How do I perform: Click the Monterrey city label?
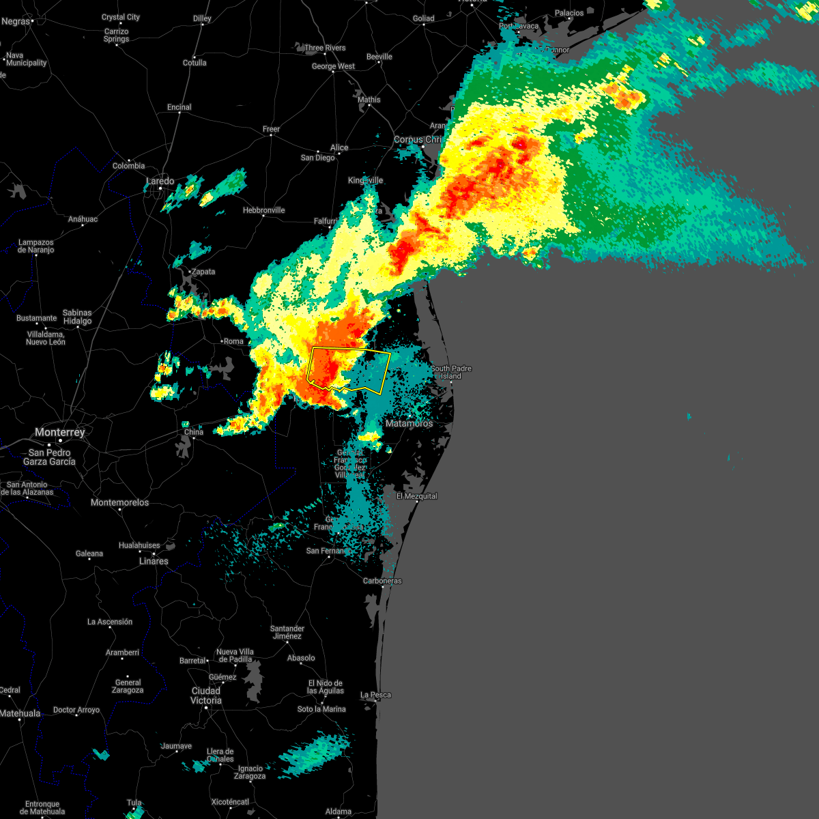tap(60, 432)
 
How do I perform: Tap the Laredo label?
tap(160, 181)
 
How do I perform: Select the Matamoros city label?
tap(409, 423)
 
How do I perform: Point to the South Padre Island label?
tap(450, 372)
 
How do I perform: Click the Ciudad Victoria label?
tap(206, 695)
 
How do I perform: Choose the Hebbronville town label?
tap(264, 210)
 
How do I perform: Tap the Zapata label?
tap(203, 272)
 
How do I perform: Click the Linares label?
tap(154, 561)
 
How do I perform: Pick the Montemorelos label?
tap(120, 502)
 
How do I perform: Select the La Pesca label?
tap(376, 695)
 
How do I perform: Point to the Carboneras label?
tap(382, 581)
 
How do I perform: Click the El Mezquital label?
tap(417, 496)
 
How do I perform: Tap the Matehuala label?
tap(20, 713)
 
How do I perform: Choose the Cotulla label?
tap(195, 63)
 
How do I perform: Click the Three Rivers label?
tap(325, 48)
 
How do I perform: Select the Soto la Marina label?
tap(321, 709)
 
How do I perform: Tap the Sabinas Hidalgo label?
tap(77, 317)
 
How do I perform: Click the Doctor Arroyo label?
tap(76, 710)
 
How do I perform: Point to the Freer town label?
tap(272, 129)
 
